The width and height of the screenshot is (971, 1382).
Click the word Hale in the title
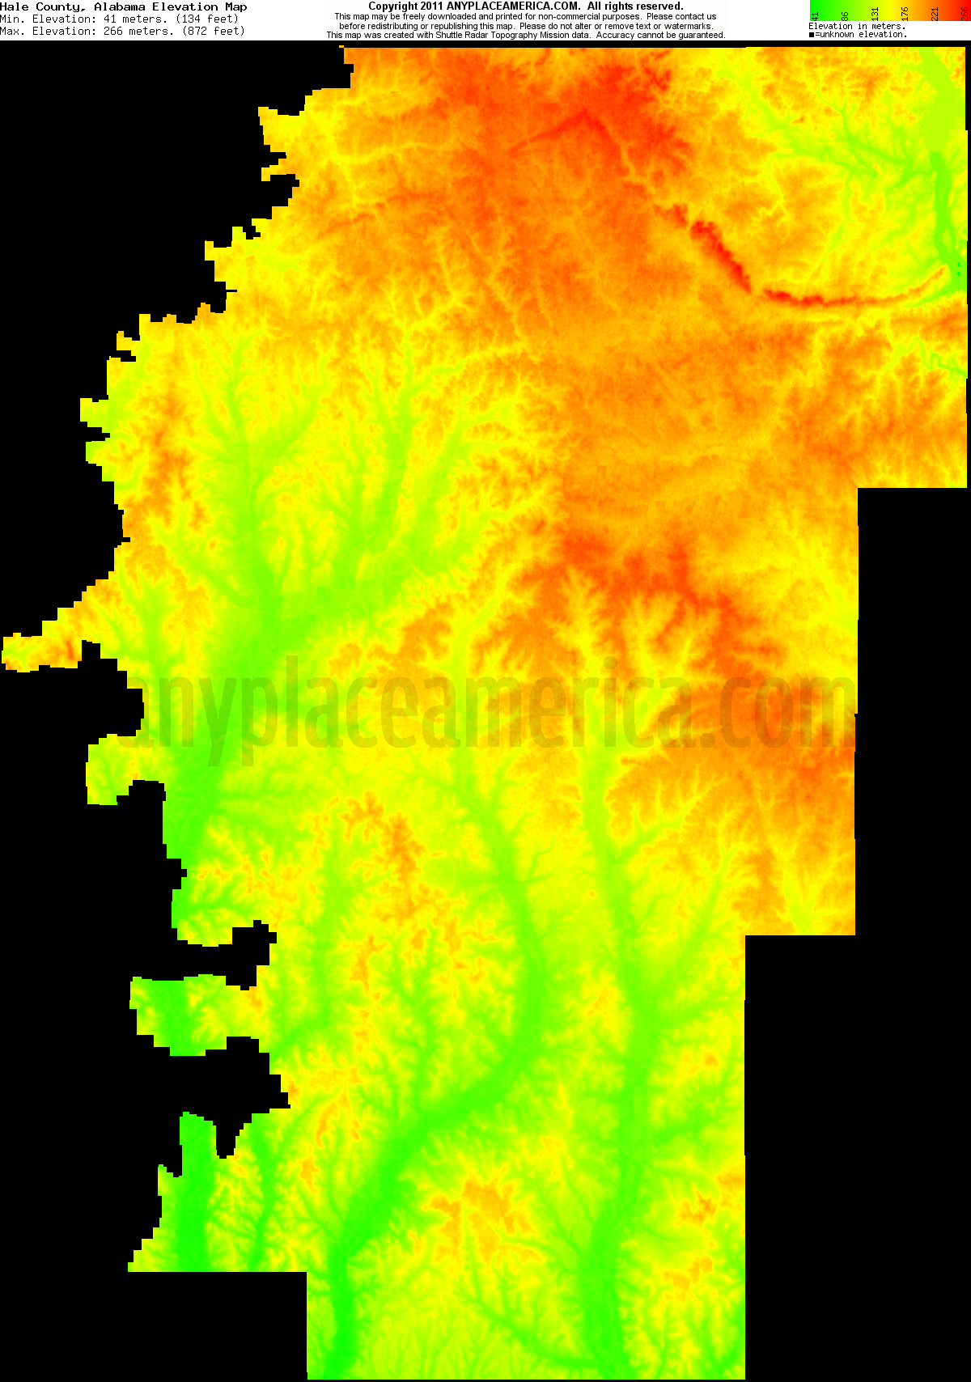(15, 6)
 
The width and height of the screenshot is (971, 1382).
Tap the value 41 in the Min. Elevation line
(110, 19)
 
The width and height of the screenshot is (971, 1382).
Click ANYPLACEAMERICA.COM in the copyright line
(513, 6)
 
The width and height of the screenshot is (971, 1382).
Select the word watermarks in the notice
(688, 26)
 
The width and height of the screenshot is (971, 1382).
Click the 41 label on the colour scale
(816, 15)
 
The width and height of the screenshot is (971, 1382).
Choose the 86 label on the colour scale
(846, 15)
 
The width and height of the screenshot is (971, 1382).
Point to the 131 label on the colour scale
(876, 14)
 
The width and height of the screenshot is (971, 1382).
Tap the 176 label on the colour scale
(905, 14)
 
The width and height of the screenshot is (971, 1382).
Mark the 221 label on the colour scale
(935, 14)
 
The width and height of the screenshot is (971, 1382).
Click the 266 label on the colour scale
(965, 14)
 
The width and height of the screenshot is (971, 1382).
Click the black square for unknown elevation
(812, 35)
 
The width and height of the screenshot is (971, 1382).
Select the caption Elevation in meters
(857, 26)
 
